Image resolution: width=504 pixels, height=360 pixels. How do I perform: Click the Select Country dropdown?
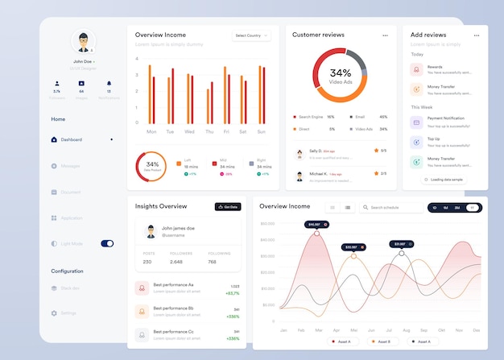[x=250, y=35]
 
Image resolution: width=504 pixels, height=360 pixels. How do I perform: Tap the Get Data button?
[x=228, y=207]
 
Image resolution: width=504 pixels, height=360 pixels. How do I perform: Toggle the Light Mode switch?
[x=107, y=243]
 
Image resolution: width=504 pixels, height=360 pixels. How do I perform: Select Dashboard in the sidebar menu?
[x=71, y=139]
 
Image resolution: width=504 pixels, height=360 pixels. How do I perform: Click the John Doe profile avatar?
[x=82, y=41]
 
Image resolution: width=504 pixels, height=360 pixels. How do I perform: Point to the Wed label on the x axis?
[x=189, y=131]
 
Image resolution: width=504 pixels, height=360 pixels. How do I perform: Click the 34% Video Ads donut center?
[x=340, y=76]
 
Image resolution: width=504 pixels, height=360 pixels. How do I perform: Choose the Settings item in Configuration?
[x=68, y=312]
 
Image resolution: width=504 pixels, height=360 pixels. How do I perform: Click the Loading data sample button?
[x=444, y=180]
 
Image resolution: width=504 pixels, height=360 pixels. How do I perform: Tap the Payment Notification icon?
[x=415, y=123]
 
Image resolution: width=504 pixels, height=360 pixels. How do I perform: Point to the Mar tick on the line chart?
[x=318, y=330]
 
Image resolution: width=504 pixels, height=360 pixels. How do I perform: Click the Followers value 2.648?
[x=176, y=262]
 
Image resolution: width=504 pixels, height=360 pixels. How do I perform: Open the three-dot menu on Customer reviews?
[x=385, y=35]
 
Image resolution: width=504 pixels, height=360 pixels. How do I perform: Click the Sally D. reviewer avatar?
[x=299, y=153]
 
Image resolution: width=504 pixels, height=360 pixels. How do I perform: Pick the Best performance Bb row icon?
[x=142, y=311]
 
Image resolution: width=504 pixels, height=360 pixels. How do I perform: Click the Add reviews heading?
[x=428, y=35]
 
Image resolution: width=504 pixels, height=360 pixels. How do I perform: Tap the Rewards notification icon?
[x=415, y=69]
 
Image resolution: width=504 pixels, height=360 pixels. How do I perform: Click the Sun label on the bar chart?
[x=260, y=131]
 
